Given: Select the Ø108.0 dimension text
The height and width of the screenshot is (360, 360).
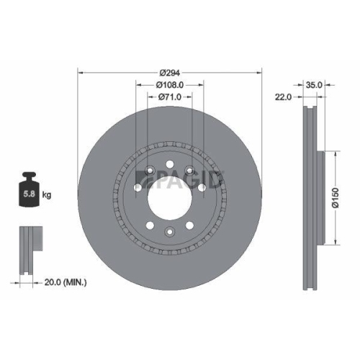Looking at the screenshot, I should tap(170, 85).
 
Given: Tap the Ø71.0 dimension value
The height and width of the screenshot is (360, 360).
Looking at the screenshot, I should tap(170, 96).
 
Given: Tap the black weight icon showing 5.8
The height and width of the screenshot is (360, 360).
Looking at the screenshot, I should tap(30, 189).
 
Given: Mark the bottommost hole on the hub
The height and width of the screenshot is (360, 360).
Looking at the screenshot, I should tap(169, 231).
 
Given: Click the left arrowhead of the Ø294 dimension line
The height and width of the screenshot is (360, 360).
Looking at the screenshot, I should tap(80, 73).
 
